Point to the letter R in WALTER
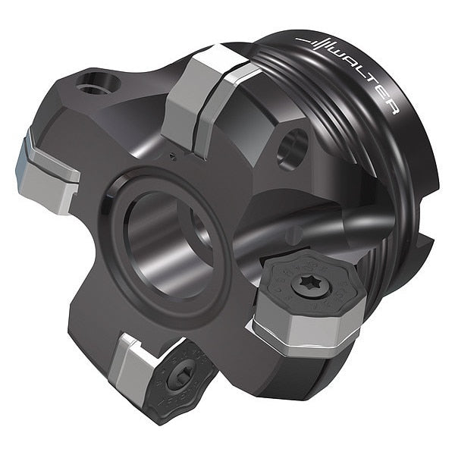(x=394, y=108)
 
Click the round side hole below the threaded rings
(x=292, y=149)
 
